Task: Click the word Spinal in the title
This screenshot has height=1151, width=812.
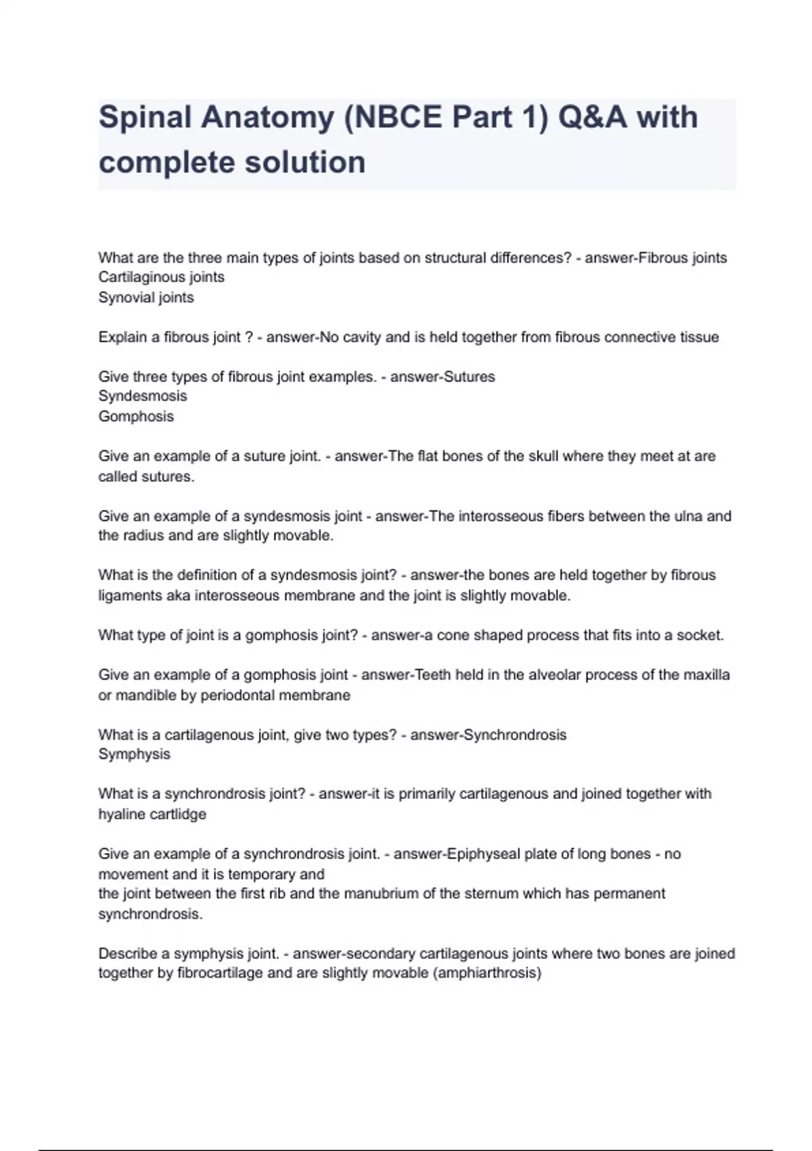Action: (x=145, y=117)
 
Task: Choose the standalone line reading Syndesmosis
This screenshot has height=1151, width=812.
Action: (x=143, y=396)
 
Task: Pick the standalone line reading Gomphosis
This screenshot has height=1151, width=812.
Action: (x=136, y=416)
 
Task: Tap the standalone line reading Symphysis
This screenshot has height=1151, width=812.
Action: (x=134, y=754)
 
